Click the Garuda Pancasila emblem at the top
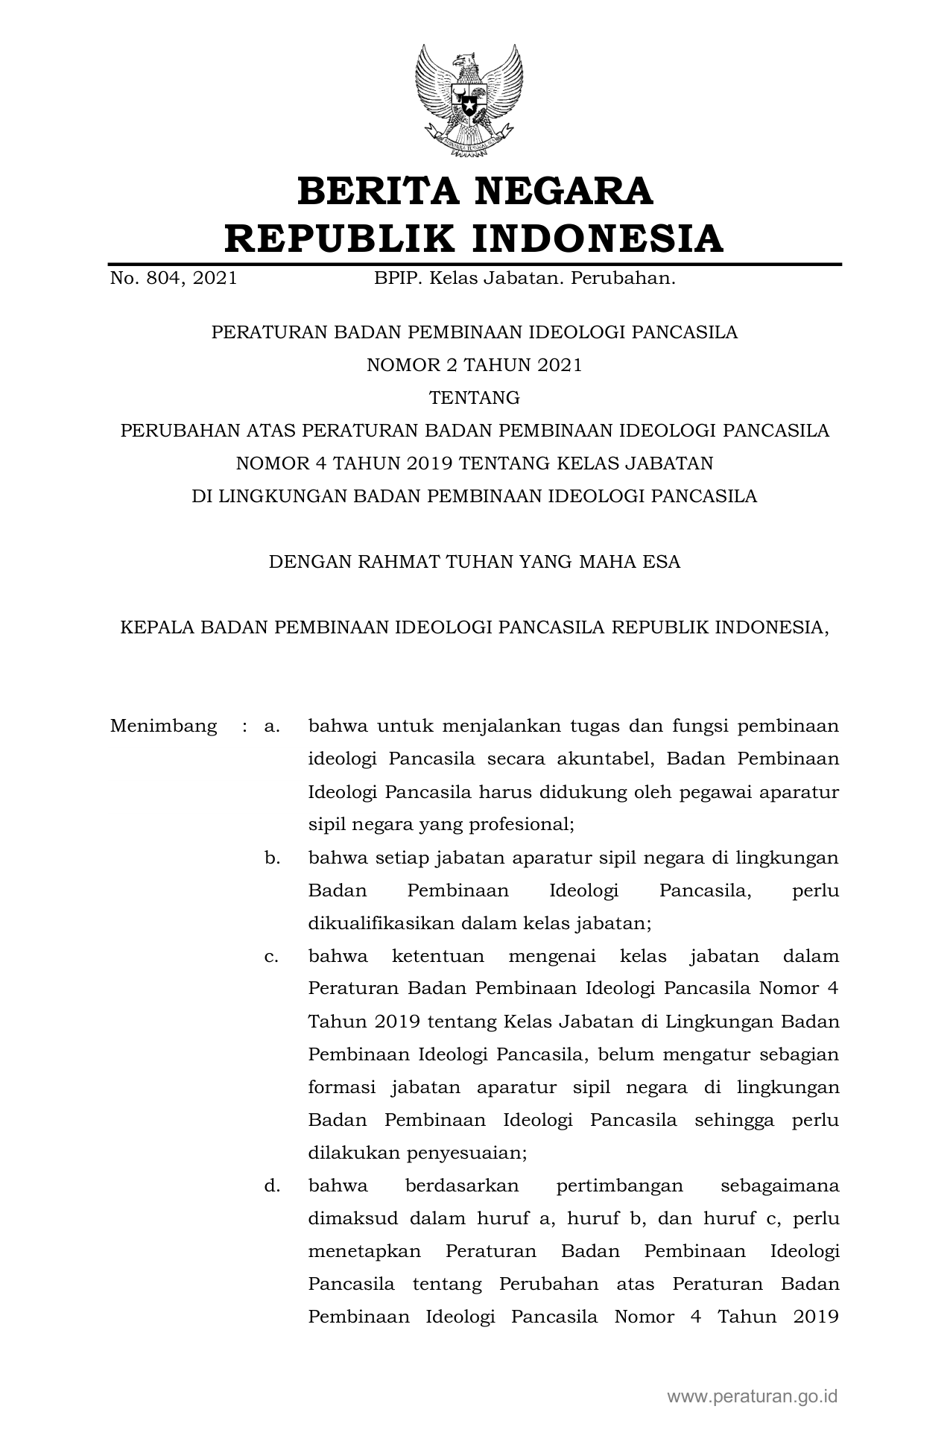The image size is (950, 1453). tap(469, 101)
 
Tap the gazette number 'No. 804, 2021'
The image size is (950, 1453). tap(174, 279)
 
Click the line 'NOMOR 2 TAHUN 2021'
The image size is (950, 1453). tap(474, 365)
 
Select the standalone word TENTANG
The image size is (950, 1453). tap(475, 398)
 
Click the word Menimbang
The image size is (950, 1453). tap(163, 726)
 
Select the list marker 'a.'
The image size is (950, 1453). tap(272, 726)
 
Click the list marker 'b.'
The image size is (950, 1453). tap(272, 858)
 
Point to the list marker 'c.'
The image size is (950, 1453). tap(272, 956)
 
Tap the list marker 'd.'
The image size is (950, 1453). tap(272, 1185)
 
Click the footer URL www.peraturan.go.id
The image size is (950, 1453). tap(752, 1396)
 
